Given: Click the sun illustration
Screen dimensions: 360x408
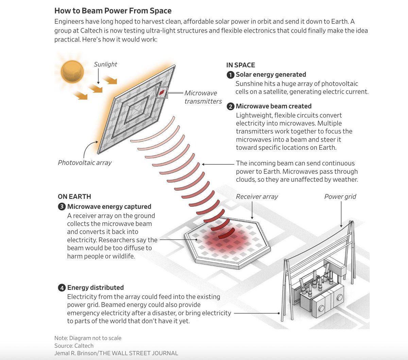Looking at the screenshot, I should pyautogui.click(x=72, y=72).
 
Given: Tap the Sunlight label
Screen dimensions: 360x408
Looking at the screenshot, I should pyautogui.click(x=105, y=65).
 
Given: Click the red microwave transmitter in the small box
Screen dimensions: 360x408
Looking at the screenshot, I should pyautogui.click(x=162, y=92).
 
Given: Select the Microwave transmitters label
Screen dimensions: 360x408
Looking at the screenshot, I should pyautogui.click(x=203, y=97).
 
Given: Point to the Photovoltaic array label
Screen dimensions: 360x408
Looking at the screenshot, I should pyautogui.click(x=85, y=163).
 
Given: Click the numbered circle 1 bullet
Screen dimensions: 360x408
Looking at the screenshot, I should pyautogui.click(x=231, y=75).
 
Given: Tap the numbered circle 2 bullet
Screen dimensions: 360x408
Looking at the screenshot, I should pyautogui.click(x=231, y=107).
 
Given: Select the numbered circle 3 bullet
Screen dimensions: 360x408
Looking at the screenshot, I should pyautogui.click(x=62, y=207).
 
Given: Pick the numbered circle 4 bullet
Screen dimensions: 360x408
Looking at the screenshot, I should pyautogui.click(x=62, y=288).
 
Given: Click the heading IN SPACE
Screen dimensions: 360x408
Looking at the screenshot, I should pyautogui.click(x=240, y=65).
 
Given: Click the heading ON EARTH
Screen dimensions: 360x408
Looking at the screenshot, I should pyautogui.click(x=74, y=197).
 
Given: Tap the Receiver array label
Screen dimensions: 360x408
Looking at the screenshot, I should pyautogui.click(x=257, y=197).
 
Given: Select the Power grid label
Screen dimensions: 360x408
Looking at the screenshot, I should pyautogui.click(x=340, y=197).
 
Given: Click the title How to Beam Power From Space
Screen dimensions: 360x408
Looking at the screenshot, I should pyautogui.click(x=113, y=11).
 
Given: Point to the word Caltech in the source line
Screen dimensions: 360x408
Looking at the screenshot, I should pyautogui.click(x=84, y=346).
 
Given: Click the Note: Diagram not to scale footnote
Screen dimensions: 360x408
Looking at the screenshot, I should pyautogui.click(x=88, y=338).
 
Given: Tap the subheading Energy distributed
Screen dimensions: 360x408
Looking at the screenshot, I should pyautogui.click(x=96, y=288).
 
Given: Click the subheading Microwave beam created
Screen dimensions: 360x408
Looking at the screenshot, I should pyautogui.click(x=274, y=106).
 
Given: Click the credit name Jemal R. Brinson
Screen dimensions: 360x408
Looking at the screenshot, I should pyautogui.click(x=75, y=353).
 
